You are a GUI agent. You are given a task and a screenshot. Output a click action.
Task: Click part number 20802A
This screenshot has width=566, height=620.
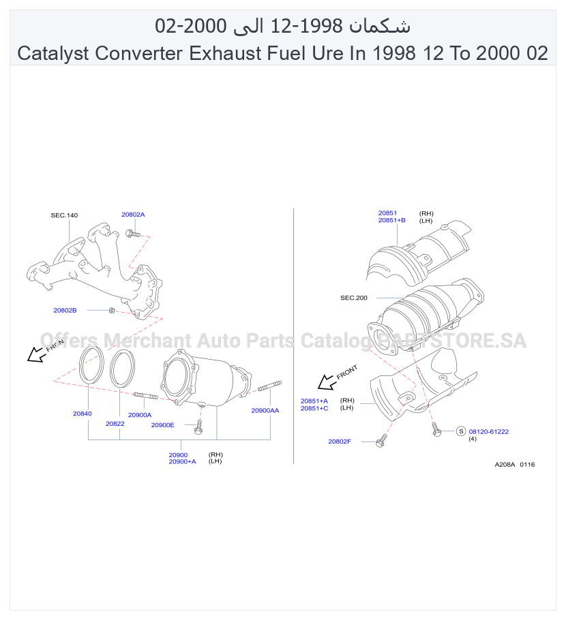click(x=133, y=215)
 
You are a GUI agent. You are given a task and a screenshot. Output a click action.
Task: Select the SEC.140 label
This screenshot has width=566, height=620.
click(x=64, y=215)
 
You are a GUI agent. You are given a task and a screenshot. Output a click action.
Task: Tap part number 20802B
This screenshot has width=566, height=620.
click(x=65, y=311)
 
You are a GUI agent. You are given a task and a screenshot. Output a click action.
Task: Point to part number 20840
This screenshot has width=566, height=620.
click(x=82, y=414)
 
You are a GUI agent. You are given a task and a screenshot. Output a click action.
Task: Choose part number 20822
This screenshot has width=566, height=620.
click(x=115, y=424)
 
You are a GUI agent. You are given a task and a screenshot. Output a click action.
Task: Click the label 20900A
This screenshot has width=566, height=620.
click(x=140, y=415)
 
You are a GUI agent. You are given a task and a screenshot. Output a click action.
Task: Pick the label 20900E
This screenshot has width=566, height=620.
click(x=163, y=425)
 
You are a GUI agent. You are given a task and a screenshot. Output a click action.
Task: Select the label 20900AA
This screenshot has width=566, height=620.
click(x=265, y=410)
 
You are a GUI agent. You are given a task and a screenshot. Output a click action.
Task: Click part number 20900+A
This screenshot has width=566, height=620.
click(x=182, y=461)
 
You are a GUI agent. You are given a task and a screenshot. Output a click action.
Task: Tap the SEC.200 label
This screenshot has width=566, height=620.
click(x=354, y=298)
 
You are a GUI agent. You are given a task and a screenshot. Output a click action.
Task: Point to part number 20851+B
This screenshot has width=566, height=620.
click(x=392, y=220)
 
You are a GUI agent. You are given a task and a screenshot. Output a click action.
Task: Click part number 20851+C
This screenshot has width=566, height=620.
click(x=314, y=408)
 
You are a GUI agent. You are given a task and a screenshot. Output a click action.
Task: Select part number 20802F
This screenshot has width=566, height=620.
click(x=340, y=441)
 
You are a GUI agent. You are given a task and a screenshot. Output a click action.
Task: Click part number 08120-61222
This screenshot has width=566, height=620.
click(x=489, y=431)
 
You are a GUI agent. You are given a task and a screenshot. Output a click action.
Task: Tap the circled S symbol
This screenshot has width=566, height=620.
click(x=461, y=431)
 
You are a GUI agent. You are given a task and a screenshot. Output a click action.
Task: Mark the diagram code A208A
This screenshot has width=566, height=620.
click(x=505, y=464)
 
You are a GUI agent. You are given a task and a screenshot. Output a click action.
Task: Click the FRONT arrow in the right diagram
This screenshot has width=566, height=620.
click(x=327, y=382)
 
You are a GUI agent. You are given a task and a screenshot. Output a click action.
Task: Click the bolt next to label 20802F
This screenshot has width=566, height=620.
click(x=381, y=441)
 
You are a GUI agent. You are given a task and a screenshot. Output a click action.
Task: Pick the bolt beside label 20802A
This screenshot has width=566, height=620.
click(x=132, y=234)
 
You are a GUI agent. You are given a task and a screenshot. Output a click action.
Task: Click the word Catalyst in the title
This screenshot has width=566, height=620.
click(x=53, y=53)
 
